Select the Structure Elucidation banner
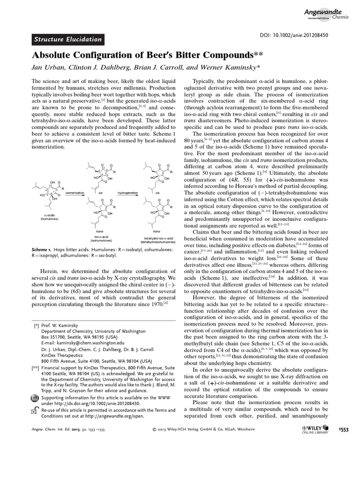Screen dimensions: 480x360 (67, 40)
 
